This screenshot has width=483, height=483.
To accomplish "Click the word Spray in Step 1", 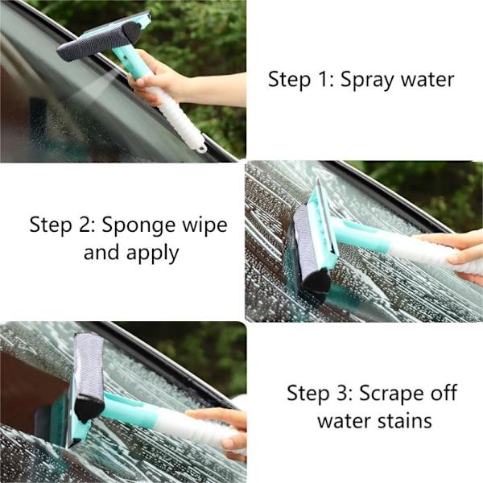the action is click(x=367, y=80).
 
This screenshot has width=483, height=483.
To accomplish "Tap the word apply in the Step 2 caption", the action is click(x=152, y=254).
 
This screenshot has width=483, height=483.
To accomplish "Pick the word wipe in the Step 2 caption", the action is click(x=204, y=225).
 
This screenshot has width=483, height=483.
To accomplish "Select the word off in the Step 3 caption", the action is click(x=444, y=393).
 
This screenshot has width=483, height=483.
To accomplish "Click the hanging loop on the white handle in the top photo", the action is click(x=201, y=148).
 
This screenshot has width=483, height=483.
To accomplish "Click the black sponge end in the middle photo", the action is click(x=316, y=283).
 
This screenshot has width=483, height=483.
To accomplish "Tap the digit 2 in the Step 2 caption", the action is click(x=85, y=225).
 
